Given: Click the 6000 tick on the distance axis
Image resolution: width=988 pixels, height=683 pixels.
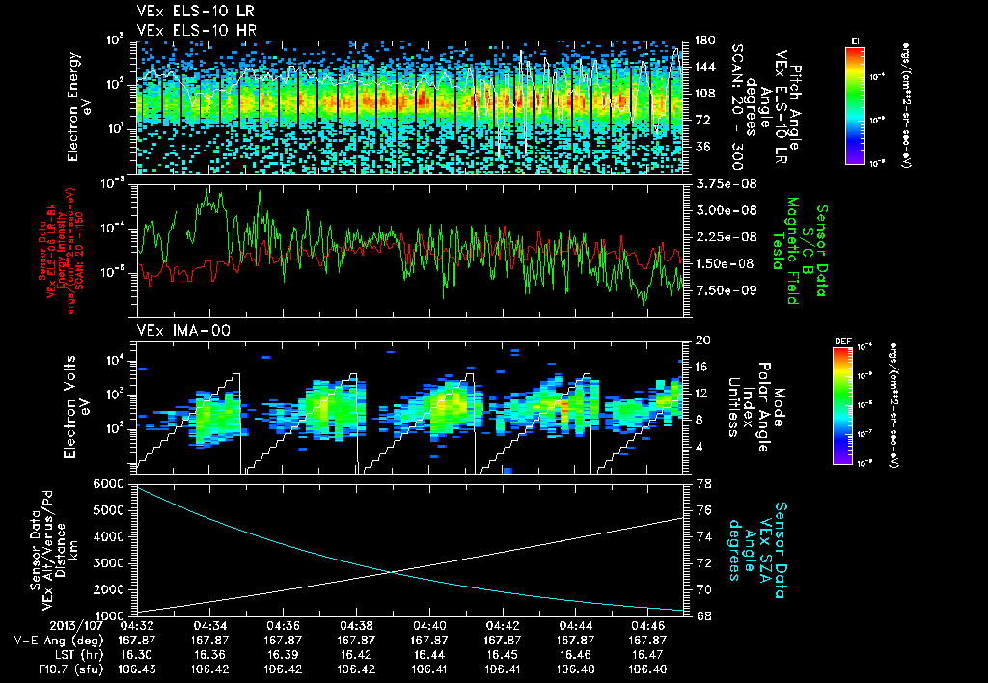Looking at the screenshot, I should click(x=109, y=482).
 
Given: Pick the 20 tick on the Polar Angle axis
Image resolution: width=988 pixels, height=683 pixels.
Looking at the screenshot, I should click(x=701, y=341).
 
